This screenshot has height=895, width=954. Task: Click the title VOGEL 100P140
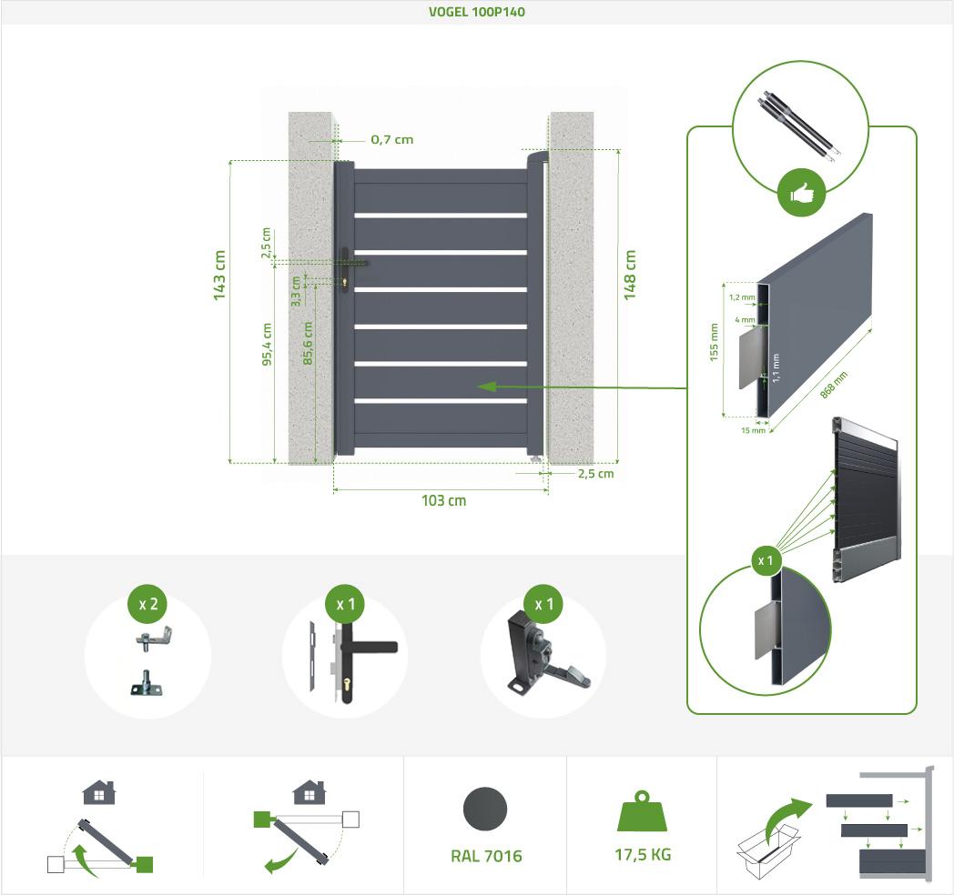click(x=476, y=13)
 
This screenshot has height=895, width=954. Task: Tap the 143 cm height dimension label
click(x=219, y=274)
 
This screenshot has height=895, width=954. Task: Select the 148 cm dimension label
click(x=630, y=274)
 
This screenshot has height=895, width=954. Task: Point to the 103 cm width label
click(x=443, y=501)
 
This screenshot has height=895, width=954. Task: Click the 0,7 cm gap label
click(x=391, y=140)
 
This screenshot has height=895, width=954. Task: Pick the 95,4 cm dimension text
click(x=267, y=344)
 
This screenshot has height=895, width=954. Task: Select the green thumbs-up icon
click(x=801, y=193)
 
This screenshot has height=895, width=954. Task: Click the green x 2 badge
click(x=147, y=604)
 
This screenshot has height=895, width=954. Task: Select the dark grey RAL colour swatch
click(x=485, y=810)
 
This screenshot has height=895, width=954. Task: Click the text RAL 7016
click(x=486, y=856)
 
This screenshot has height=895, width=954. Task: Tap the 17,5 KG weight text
click(x=643, y=854)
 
